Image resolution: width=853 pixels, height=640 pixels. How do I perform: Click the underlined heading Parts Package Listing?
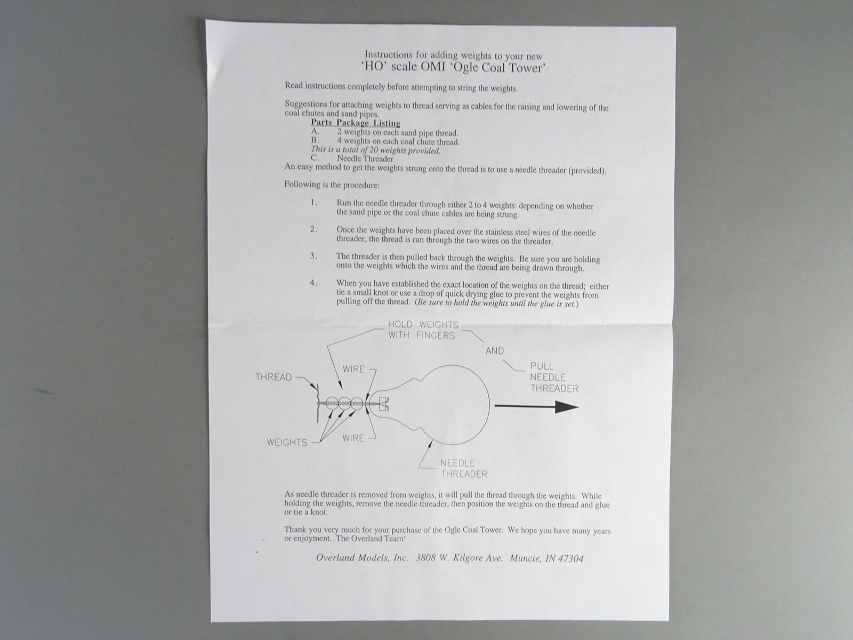coord(355,123)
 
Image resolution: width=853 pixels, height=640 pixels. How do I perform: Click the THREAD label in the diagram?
coord(273,377)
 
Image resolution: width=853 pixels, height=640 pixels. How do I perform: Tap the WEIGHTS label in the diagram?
coord(287,442)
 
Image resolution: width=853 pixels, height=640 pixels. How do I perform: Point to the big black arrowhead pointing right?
coord(567,407)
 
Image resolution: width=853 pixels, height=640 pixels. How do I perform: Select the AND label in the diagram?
coord(495,350)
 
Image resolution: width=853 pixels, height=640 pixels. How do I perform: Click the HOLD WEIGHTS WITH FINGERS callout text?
coord(423,330)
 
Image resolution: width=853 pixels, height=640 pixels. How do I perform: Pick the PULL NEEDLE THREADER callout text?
coord(554,377)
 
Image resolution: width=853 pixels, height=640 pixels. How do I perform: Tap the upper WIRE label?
coord(353,369)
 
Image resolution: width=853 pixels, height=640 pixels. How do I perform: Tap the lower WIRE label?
coord(353,438)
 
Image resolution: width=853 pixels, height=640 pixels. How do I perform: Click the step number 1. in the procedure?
coord(314,203)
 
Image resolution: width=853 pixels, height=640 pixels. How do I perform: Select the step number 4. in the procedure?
coord(313,283)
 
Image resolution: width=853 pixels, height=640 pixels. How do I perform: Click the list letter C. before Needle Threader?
coord(315,158)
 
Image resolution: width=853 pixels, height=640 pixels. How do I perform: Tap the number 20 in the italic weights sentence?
coord(374,150)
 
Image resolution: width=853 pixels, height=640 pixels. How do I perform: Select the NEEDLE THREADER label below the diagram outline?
coord(464,468)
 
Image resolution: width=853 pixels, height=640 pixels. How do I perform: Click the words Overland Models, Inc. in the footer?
coord(362,558)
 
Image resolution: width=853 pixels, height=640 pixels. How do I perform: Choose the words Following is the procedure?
coord(332,185)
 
